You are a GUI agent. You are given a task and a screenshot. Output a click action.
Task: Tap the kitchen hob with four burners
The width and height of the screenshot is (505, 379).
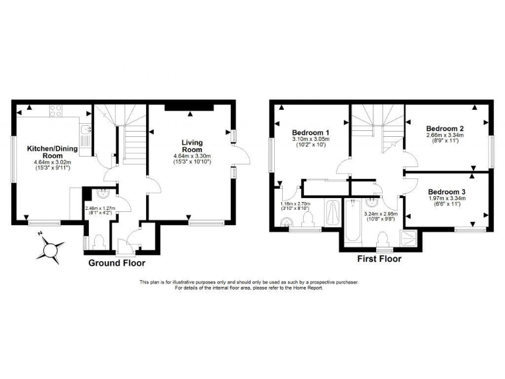point(55,111)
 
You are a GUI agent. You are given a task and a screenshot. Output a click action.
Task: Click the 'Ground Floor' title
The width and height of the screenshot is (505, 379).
point(117,263)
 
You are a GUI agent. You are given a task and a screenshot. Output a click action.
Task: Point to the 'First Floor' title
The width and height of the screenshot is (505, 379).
point(379,259)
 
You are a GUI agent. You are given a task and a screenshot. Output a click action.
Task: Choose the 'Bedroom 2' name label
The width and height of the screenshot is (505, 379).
point(445,128)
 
